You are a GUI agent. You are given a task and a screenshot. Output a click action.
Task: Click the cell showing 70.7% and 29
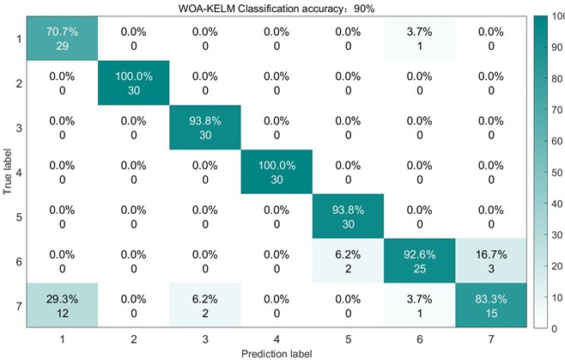point(62,38)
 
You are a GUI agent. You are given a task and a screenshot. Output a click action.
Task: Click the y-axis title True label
point(7,172)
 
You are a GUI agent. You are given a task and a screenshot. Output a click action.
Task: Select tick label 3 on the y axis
point(18,127)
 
